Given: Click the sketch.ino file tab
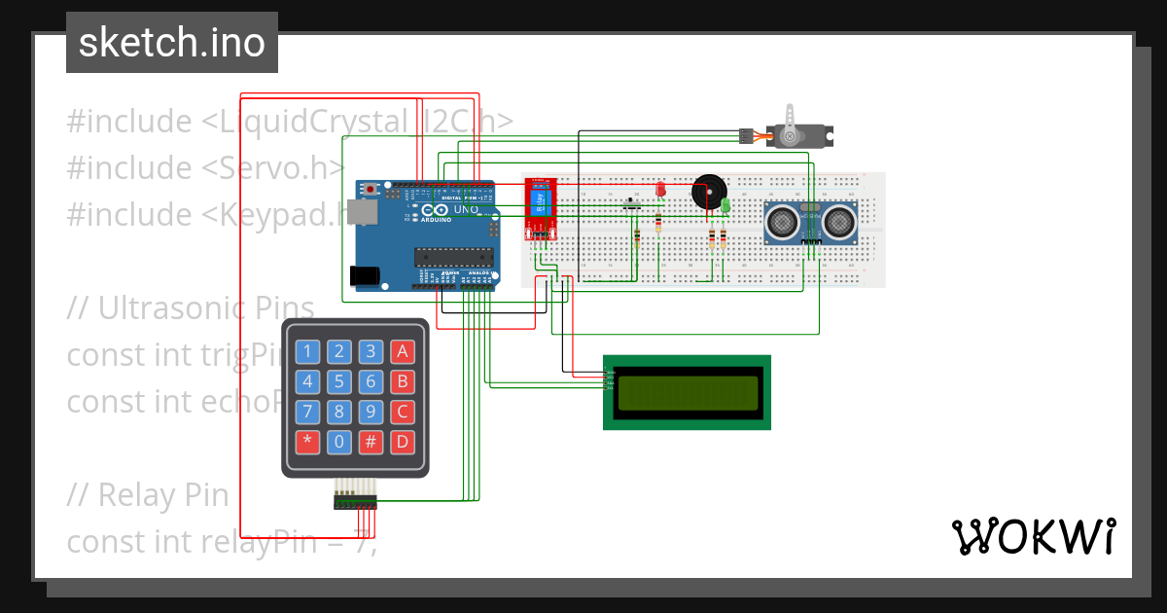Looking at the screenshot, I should pos(172,43).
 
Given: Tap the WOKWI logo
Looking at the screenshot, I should pos(1033,537).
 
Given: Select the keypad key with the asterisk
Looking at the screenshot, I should pos(308,442).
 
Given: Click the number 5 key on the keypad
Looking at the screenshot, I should pos(339,381).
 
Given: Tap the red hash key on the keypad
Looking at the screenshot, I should pos(371,442).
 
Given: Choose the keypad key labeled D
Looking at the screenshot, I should pos(403,442).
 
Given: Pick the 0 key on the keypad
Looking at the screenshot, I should pos(339,442).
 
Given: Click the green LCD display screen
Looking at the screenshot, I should pos(687,392).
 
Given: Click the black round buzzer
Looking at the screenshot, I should pos(707,192).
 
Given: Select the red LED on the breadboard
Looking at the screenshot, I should pos(659,189).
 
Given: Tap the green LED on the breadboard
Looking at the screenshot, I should pos(725,205).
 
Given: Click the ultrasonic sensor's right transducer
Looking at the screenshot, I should pos(839,223).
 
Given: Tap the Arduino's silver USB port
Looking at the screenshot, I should pos(366,211).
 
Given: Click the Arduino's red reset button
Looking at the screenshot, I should pos(370,189).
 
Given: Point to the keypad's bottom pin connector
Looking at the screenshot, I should pos(355,501).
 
